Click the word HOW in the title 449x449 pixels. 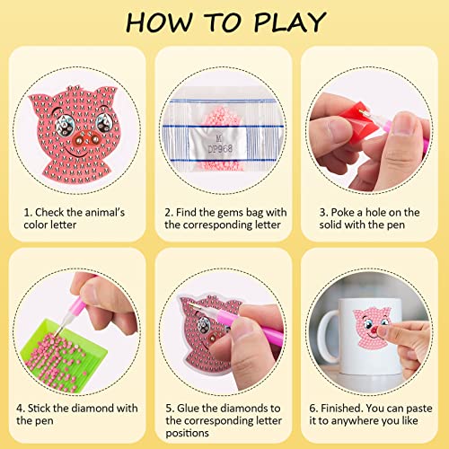156,22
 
